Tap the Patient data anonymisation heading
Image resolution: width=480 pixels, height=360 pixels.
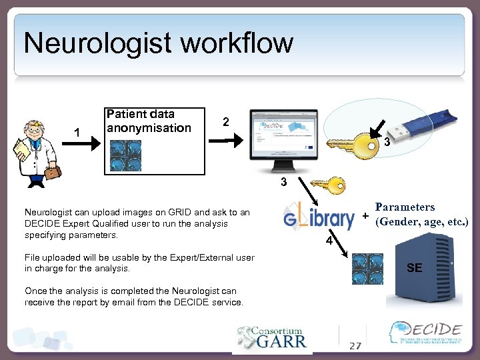(149, 121)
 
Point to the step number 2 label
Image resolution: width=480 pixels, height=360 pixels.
(226, 122)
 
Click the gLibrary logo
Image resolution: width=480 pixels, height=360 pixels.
(319, 219)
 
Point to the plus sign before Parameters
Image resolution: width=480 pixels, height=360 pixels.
(365, 217)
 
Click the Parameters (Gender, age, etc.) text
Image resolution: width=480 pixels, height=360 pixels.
(423, 214)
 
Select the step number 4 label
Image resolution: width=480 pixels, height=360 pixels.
(328, 241)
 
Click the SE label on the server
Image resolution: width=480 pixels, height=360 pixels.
(414, 268)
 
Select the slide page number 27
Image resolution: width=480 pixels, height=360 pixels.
(355, 345)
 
